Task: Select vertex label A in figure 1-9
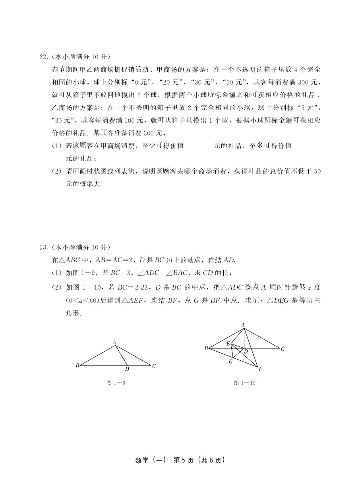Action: tap(114, 342)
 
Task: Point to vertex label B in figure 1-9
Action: tap(77, 366)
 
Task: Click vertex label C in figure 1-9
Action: tap(154, 366)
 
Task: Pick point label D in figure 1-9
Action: tap(127, 369)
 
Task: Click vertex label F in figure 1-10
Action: tap(260, 369)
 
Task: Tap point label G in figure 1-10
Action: tap(230, 362)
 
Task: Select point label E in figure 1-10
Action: tap(228, 344)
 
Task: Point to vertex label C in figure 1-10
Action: tap(283, 349)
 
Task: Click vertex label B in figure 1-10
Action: tap(206, 348)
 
